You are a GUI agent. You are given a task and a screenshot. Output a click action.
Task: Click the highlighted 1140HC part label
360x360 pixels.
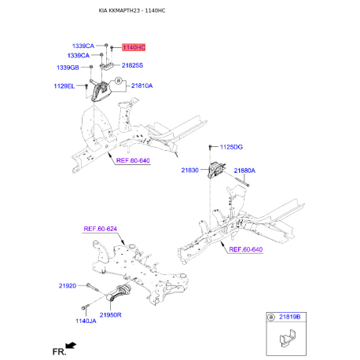click(134, 48)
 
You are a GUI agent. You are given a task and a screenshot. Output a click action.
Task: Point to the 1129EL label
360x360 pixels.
click(64, 86)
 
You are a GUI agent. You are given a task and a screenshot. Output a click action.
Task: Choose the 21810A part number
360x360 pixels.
click(141, 86)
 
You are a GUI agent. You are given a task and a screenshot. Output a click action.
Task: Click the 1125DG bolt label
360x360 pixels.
click(231, 147)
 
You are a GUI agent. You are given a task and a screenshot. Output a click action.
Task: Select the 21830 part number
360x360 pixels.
click(192, 170)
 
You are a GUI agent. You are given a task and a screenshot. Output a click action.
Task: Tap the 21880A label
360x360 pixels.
click(244, 170)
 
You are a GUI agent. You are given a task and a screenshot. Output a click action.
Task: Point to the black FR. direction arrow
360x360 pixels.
click(71, 345)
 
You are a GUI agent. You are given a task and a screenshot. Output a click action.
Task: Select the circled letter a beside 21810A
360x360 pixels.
click(119, 81)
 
